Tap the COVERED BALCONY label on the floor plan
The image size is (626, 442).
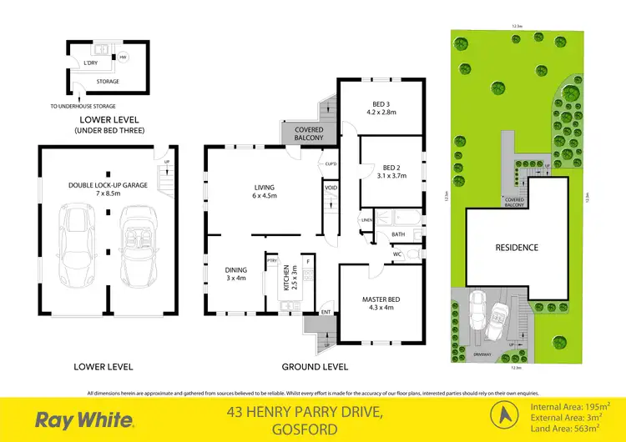[303, 133]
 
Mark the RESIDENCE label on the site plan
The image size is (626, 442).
[517, 247]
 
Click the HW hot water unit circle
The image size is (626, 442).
[123, 58]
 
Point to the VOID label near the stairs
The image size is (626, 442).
[331, 188]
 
